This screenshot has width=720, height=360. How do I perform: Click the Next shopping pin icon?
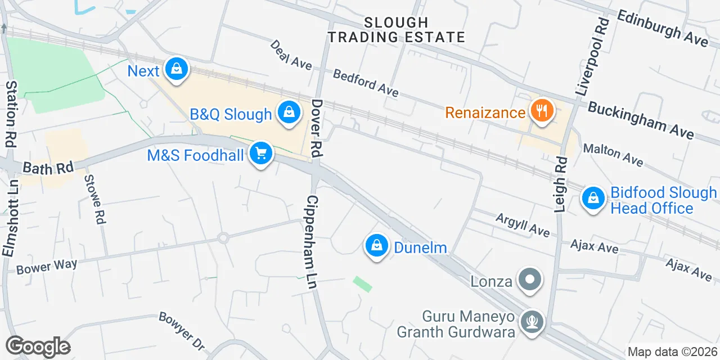[x=177, y=70]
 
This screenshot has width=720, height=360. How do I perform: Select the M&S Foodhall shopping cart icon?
[x=260, y=153]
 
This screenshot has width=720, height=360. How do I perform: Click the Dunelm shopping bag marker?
[x=377, y=246]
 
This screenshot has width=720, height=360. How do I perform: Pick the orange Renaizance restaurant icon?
[x=542, y=111]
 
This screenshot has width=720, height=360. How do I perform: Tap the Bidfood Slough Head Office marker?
[x=593, y=198]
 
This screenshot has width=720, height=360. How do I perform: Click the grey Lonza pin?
[x=529, y=280]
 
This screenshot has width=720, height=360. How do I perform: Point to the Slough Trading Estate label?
[x=397, y=30]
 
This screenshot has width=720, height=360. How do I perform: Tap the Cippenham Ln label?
[x=313, y=242]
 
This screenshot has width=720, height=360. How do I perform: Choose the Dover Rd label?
[x=317, y=128]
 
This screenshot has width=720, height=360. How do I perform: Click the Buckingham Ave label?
[x=641, y=120]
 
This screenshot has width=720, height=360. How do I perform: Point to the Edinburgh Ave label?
[x=662, y=28]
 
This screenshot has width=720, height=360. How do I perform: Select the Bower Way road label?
[x=47, y=267]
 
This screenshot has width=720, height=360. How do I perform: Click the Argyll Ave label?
[x=522, y=224]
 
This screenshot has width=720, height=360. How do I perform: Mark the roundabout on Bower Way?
[x=223, y=238]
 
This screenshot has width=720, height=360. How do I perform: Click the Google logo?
[x=38, y=347]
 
